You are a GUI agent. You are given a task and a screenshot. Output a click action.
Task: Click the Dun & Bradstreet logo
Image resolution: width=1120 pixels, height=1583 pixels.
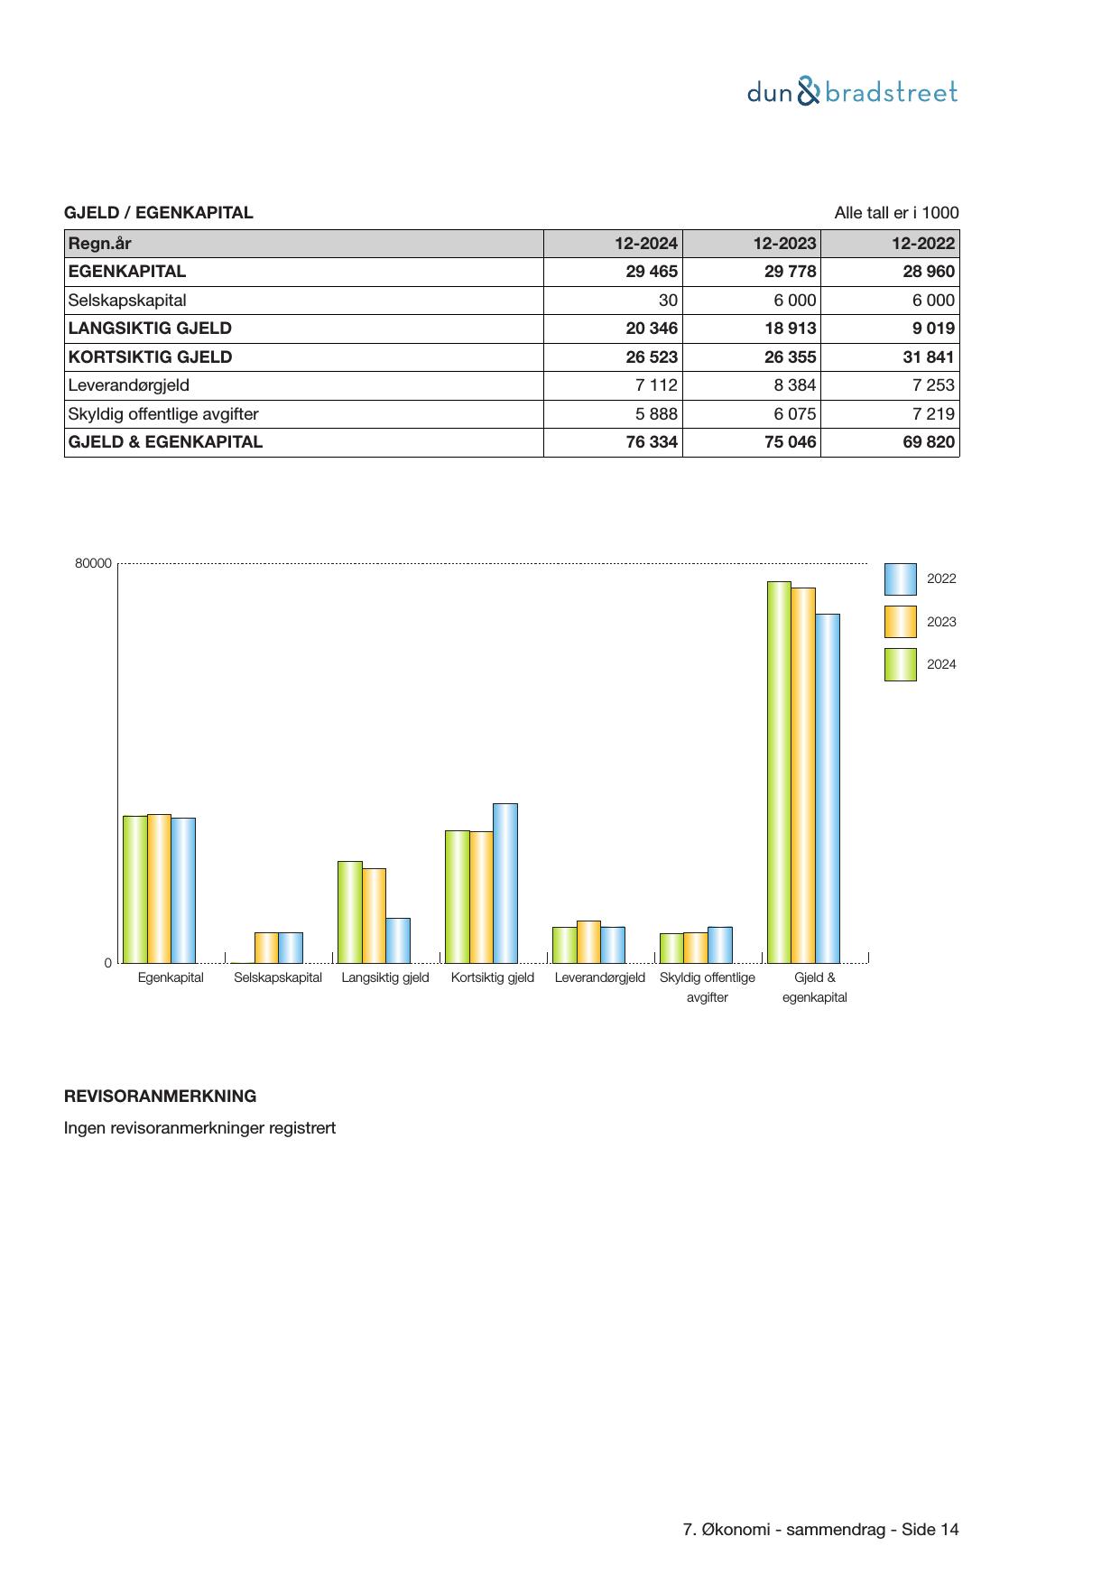pos(852,92)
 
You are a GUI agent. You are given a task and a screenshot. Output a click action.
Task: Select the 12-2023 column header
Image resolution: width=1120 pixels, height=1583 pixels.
pos(784,243)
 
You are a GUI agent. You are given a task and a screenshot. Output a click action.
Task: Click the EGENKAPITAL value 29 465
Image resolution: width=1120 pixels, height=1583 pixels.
pos(651,272)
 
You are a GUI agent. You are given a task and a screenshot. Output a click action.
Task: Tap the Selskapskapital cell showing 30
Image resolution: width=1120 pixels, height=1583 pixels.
pos(667,301)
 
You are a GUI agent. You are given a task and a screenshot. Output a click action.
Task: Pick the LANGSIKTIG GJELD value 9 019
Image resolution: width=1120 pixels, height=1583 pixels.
pos(932,329)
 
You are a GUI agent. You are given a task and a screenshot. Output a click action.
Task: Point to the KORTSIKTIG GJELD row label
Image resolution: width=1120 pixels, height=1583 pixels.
pos(150,357)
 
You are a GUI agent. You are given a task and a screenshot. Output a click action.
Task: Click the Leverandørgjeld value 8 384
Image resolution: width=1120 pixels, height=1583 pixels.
pos(794,385)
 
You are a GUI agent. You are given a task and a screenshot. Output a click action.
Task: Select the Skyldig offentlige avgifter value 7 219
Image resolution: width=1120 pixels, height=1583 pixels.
pos(932,414)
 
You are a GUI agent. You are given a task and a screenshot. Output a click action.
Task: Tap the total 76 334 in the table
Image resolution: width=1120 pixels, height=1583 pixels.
pos(651,442)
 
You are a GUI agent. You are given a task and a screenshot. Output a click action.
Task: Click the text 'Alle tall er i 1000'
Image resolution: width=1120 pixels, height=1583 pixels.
pos(895,213)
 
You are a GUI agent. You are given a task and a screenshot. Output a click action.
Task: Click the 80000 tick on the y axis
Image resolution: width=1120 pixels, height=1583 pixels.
pos(93,563)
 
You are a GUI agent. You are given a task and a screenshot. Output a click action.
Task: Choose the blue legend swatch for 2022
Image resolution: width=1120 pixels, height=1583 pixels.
pos(900,579)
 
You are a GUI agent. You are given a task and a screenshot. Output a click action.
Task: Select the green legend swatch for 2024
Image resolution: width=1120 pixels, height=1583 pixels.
pos(900,664)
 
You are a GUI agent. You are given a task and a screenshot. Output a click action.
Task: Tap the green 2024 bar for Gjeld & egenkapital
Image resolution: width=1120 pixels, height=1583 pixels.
pos(779,772)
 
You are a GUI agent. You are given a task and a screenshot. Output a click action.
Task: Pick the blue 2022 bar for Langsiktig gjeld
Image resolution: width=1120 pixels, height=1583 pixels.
pos(398,940)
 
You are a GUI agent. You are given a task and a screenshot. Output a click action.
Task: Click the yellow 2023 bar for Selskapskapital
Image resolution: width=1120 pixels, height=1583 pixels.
pos(266,948)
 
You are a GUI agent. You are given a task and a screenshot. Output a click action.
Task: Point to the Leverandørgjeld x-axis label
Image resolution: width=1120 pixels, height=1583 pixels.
pos(599,977)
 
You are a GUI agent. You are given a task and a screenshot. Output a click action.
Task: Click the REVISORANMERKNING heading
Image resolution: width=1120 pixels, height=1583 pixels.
pos(160,1097)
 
